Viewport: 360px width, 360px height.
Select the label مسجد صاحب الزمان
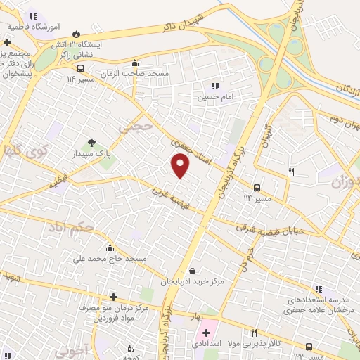[x=163, y=74]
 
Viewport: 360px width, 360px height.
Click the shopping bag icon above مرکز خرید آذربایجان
[x=192, y=271]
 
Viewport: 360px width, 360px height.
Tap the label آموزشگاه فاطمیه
[x=34, y=26]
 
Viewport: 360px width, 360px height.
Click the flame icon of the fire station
[x=76, y=34]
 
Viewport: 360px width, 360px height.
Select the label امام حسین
[x=214, y=96]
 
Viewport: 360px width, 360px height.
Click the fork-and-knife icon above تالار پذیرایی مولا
[x=254, y=333]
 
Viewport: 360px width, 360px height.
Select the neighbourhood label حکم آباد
[x=70, y=228]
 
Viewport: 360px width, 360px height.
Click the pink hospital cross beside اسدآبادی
[x=206, y=333]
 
